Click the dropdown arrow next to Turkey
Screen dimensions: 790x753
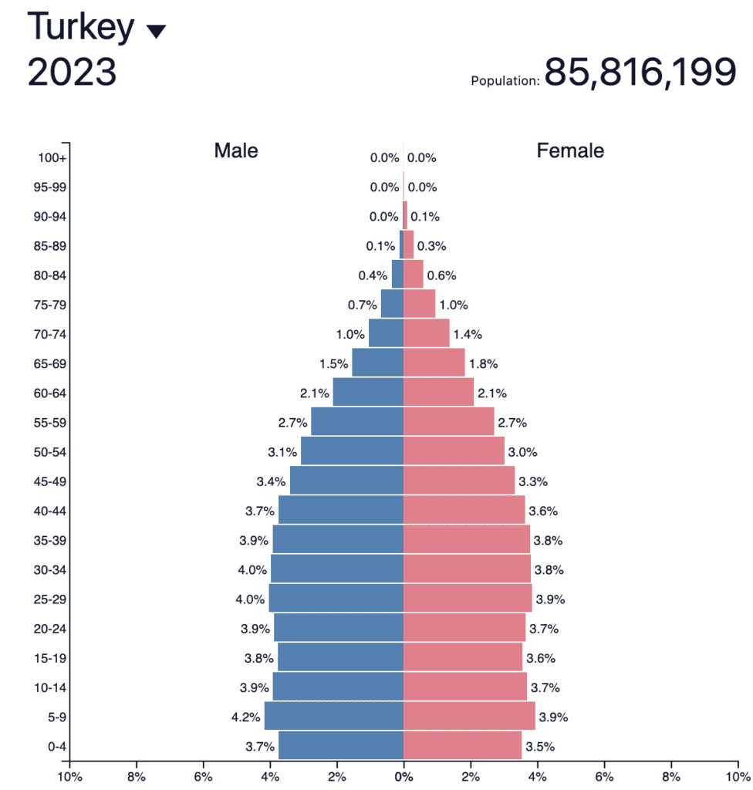[156, 31]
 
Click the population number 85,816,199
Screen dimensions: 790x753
[640, 73]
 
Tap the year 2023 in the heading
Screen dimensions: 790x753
[72, 73]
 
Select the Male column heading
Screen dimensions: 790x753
[236, 150]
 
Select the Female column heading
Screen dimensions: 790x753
[570, 150]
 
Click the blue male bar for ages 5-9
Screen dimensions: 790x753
[333, 716]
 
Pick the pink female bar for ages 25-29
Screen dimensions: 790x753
[468, 599]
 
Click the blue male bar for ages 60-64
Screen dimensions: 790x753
[368, 393]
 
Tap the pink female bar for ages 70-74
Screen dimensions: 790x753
[427, 334]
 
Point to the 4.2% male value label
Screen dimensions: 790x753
[245, 717]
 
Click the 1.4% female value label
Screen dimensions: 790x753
[468, 334]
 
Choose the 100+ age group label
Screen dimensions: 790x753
[52, 158]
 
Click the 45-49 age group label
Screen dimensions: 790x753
[51, 481]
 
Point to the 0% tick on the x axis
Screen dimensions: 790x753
[404, 775]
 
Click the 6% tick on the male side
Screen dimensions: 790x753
[203, 775]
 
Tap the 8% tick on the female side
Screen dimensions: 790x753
[671, 775]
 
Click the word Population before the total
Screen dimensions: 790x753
[505, 80]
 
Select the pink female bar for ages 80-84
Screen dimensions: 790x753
[414, 275]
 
